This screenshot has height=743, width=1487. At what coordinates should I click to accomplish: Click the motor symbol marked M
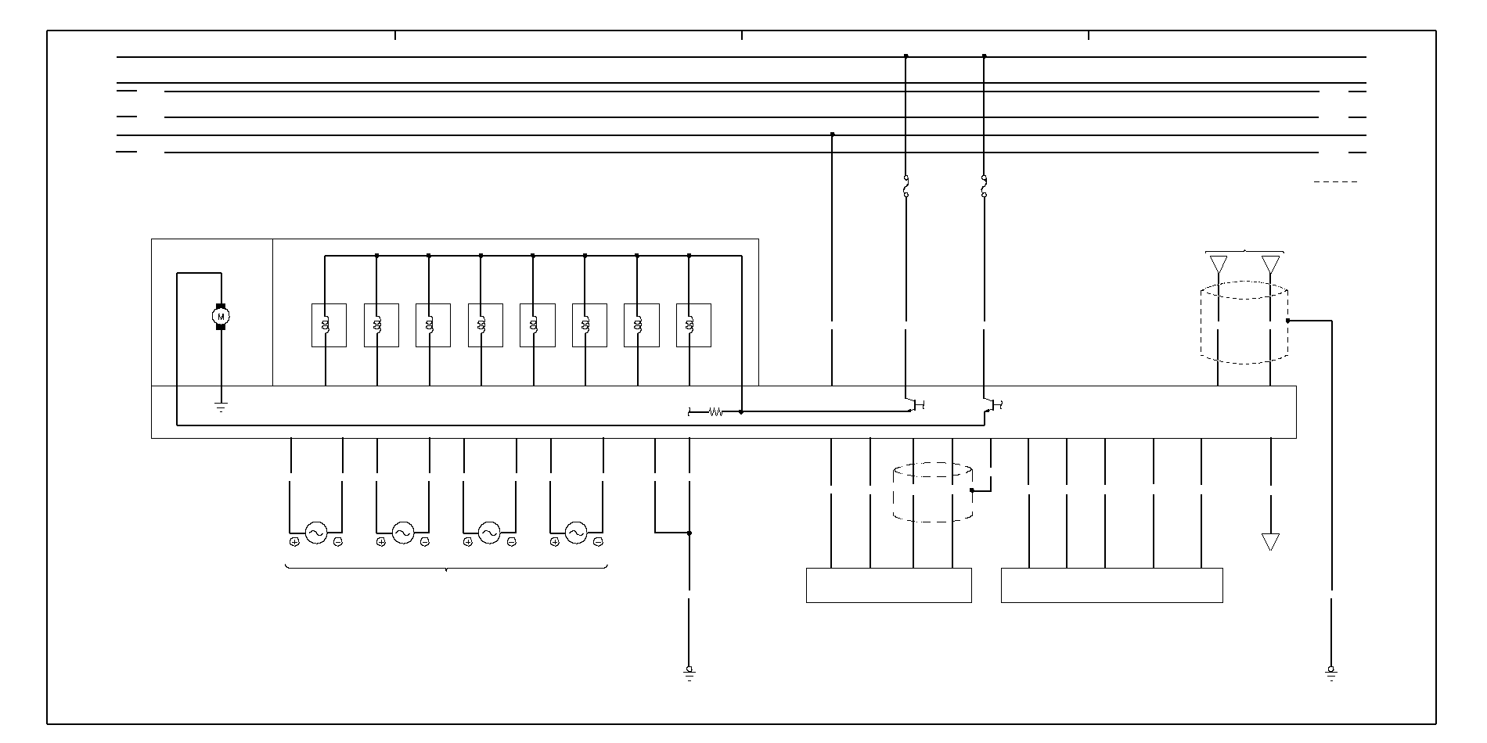tap(221, 316)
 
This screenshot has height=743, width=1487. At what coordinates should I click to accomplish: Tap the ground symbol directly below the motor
tap(221, 407)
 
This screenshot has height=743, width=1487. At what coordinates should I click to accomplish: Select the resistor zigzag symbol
tap(715, 411)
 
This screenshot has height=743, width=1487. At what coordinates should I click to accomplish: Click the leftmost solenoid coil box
tap(329, 325)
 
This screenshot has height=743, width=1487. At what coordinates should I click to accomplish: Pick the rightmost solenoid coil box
tap(693, 325)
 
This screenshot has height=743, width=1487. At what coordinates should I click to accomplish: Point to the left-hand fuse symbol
tap(906, 186)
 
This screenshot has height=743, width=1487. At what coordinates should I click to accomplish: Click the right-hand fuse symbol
tap(984, 186)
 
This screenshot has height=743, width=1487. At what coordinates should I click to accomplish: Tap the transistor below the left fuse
tap(913, 404)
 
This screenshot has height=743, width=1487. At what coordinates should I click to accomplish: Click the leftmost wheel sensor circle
tap(316, 533)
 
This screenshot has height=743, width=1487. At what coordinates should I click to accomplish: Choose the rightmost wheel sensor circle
tap(576, 533)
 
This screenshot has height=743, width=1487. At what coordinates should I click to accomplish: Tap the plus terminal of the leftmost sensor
tap(294, 542)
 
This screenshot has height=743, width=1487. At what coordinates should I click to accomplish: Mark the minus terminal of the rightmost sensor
tap(598, 542)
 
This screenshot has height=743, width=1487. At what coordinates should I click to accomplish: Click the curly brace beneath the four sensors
tap(446, 568)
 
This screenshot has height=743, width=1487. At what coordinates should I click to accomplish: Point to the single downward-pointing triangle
tap(1270, 541)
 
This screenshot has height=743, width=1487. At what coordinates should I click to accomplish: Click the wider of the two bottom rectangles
tap(1111, 585)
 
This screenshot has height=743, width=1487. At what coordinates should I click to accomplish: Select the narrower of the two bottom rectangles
tap(888, 585)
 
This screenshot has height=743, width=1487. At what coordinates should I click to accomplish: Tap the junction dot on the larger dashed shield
tap(1287, 321)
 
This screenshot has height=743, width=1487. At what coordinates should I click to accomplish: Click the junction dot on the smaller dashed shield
tap(972, 490)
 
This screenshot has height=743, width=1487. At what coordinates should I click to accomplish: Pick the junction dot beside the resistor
tap(741, 411)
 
